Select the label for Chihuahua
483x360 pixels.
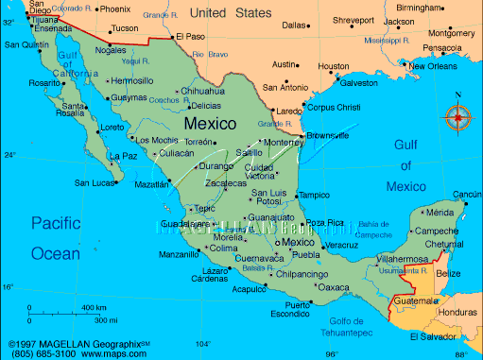pyautogui.click(x=203, y=92)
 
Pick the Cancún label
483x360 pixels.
pyautogui.click(x=467, y=195)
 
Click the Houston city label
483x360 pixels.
pyautogui.click(x=334, y=66)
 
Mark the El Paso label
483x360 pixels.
pyautogui.click(x=190, y=37)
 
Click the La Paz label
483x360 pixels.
pyautogui.click(x=124, y=156)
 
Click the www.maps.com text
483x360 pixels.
pyautogui.click(x=116, y=354)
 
